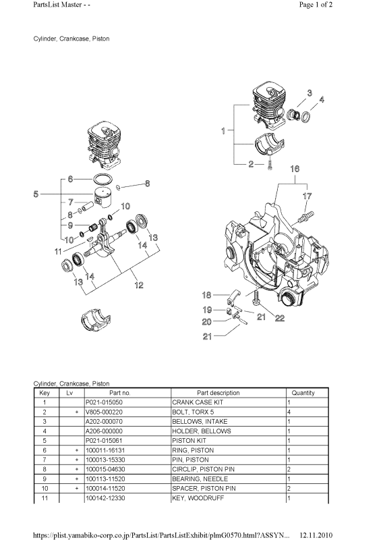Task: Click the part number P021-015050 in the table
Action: coord(104,402)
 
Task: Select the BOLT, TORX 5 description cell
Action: coord(228,412)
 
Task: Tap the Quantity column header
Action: coord(303,393)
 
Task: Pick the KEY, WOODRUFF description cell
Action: coord(228,498)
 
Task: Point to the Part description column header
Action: coord(218,393)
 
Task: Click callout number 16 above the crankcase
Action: coord(295,169)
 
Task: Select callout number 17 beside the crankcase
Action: coord(307,196)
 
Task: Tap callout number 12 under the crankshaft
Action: coord(139,285)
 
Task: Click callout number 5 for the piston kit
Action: coord(36,194)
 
